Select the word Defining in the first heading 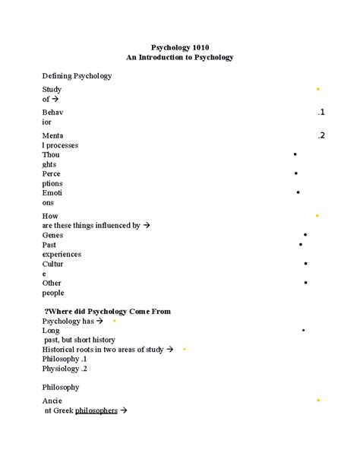pos(58,76)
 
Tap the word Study pos(52,89)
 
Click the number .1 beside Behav pos(321,113)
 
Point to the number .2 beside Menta pos(321,135)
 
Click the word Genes pos(53,235)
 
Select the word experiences pos(62,254)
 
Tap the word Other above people pos(52,283)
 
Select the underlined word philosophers pos(96,411)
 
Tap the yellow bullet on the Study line pos(317,89)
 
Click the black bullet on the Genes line pos(305,235)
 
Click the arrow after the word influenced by pos(147,226)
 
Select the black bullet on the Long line pos(303,331)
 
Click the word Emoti pos(53,193)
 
